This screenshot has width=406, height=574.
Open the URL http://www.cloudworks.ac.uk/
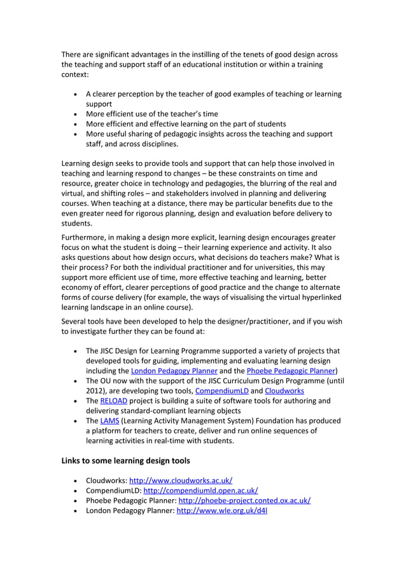coord(185,481)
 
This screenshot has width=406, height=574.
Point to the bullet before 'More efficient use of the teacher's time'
coord(76,114)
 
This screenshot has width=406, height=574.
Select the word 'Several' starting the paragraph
coord(76,321)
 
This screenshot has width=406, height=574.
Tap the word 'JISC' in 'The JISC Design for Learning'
coord(110,351)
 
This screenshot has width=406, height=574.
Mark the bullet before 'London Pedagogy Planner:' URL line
coord(76,510)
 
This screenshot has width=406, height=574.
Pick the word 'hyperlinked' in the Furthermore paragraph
coord(318,296)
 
